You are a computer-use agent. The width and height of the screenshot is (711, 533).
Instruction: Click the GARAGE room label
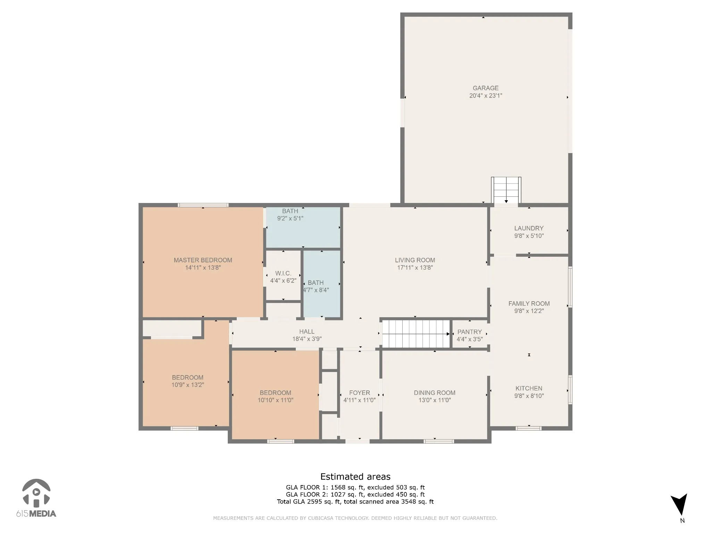pyautogui.click(x=485, y=88)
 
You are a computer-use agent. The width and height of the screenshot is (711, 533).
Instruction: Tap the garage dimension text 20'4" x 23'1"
pyautogui.click(x=486, y=96)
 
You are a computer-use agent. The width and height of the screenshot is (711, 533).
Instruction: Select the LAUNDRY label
pyautogui.click(x=529, y=228)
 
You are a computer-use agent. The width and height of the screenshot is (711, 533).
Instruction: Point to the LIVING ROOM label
pyautogui.click(x=415, y=260)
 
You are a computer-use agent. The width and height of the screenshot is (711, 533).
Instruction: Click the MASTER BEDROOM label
pyautogui.click(x=203, y=260)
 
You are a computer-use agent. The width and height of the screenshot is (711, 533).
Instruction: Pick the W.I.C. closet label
pyautogui.click(x=283, y=273)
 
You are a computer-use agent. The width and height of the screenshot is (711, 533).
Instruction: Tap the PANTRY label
pyautogui.click(x=469, y=332)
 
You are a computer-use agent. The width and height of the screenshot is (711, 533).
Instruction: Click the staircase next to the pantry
pyautogui.click(x=415, y=334)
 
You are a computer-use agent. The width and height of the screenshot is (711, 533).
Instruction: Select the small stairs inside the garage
pyautogui.click(x=506, y=190)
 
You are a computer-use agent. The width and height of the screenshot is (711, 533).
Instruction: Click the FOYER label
pyautogui.click(x=359, y=393)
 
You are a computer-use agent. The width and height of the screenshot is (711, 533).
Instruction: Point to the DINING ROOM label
pyautogui.click(x=434, y=393)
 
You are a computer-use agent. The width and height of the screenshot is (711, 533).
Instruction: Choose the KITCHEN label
pyautogui.click(x=529, y=389)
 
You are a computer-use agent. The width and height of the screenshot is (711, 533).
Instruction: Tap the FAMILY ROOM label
pyautogui.click(x=529, y=304)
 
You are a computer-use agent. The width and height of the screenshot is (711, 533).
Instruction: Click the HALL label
pyautogui.click(x=307, y=332)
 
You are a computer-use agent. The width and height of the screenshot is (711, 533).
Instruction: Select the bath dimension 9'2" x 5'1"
pyautogui.click(x=290, y=219)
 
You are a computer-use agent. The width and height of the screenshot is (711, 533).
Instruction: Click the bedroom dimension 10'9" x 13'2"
pyautogui.click(x=187, y=385)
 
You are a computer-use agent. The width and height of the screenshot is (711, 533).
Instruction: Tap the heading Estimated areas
pyautogui.click(x=355, y=477)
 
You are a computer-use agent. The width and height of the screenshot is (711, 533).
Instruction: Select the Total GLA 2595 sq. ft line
pyautogui.click(x=355, y=502)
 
